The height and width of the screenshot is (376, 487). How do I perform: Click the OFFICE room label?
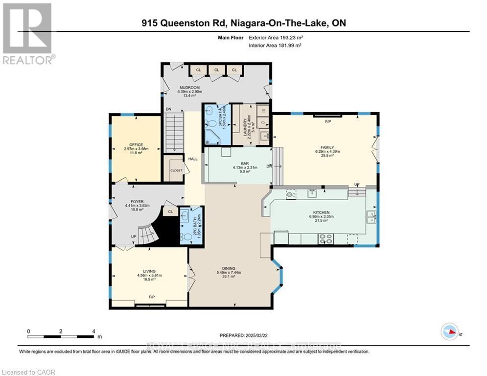[136, 145]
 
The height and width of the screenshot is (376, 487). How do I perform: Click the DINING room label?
[228, 268]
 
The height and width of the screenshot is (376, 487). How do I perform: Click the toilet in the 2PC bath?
[186, 237]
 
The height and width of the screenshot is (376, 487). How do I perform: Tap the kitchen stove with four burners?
[326, 239]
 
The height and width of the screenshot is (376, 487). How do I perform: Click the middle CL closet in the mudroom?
[216, 70]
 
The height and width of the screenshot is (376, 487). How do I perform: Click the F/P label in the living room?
[152, 297]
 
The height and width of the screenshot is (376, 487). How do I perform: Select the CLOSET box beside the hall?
[176, 170]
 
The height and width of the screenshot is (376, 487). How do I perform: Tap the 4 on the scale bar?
[93, 331]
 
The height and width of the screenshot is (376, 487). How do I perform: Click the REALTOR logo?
[27, 33]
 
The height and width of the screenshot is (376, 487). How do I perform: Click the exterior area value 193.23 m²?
[280, 37]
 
